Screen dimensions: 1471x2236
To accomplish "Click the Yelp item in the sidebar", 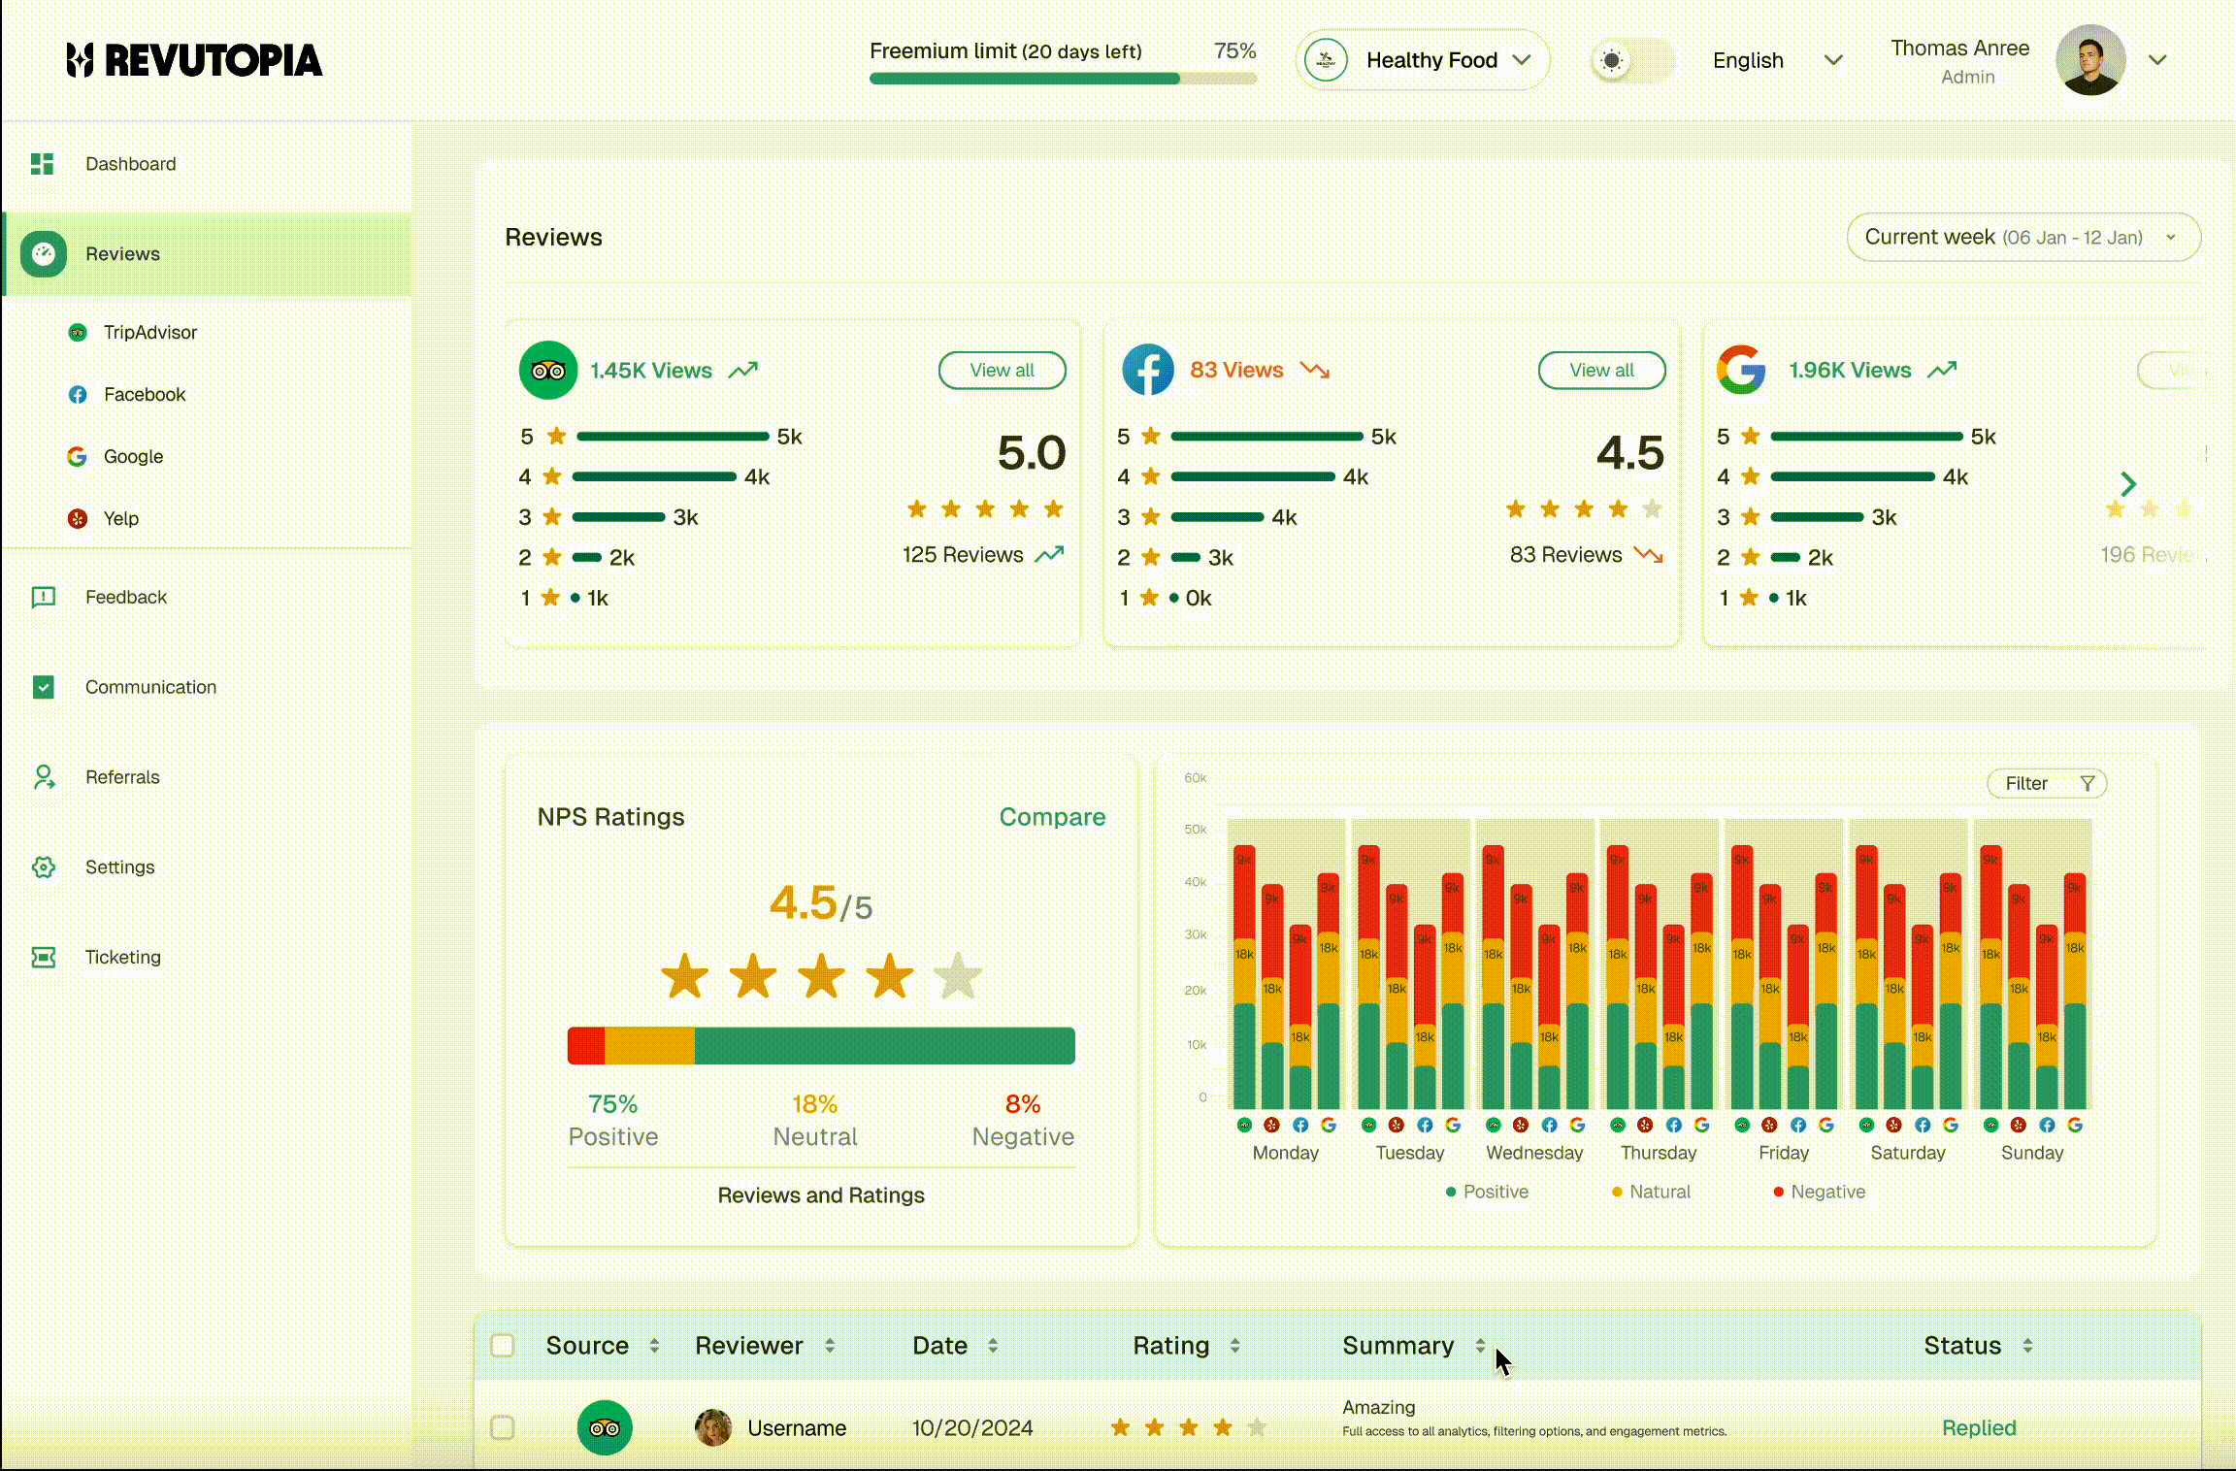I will tap(120, 518).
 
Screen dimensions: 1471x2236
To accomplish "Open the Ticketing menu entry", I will tap(122, 957).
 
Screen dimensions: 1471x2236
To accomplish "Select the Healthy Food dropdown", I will tap(1423, 60).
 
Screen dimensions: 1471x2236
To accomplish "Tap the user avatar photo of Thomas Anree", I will tap(2089, 60).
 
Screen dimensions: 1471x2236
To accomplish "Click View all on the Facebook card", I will tap(1601, 370).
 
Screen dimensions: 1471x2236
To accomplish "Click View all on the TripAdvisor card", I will tap(1002, 370).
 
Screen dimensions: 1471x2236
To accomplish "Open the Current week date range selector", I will tap(2022, 237).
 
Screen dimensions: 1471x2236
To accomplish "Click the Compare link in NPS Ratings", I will tap(1052, 817).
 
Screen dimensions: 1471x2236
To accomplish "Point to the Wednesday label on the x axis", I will tap(1534, 1153).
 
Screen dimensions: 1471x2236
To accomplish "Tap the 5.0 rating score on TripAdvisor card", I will tap(1031, 453).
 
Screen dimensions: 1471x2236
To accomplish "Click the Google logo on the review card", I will tap(1741, 370).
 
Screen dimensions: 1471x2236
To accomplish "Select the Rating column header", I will tap(1171, 1346).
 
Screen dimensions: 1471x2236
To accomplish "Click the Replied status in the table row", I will tap(1979, 1428).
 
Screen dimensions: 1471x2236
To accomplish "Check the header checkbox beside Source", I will tap(503, 1346).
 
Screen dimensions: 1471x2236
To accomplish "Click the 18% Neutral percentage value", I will tap(814, 1104).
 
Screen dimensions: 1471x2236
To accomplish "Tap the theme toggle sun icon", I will tap(1612, 60).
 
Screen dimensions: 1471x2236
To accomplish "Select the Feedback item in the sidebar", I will tap(126, 597).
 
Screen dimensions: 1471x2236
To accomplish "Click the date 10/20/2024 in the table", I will tap(971, 1428).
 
